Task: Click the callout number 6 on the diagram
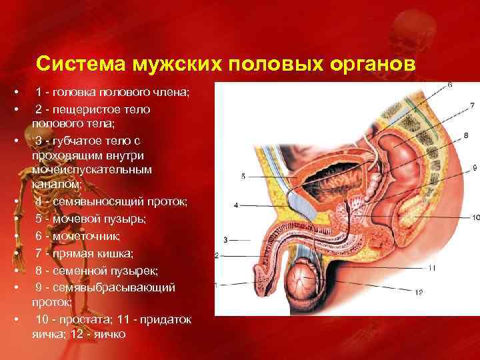tap(449, 85)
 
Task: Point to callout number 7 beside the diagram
tap(471, 105)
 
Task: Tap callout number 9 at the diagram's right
tap(474, 167)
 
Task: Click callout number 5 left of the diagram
tap(243, 176)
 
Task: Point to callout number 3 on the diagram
tap(226, 239)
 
